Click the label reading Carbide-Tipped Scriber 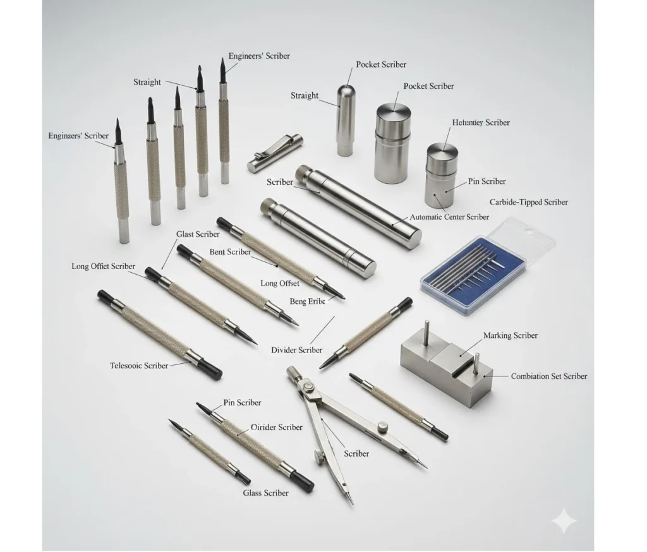pyautogui.click(x=528, y=202)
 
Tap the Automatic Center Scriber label pyautogui.click(x=449, y=217)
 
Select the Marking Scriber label pyautogui.click(x=510, y=335)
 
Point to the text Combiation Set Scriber pyautogui.click(x=548, y=376)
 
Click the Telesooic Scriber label pyautogui.click(x=139, y=366)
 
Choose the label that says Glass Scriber pyautogui.click(x=265, y=493)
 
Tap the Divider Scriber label pyautogui.click(x=296, y=350)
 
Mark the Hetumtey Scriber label pyautogui.click(x=481, y=123)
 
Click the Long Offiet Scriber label pyautogui.click(x=103, y=267)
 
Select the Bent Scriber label pyautogui.click(x=230, y=252)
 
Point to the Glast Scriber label pyautogui.click(x=198, y=234)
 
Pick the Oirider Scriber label pyautogui.click(x=277, y=428)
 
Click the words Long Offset pyautogui.click(x=280, y=284)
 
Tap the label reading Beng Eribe pyautogui.click(x=307, y=302)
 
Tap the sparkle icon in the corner pyautogui.click(x=563, y=522)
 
